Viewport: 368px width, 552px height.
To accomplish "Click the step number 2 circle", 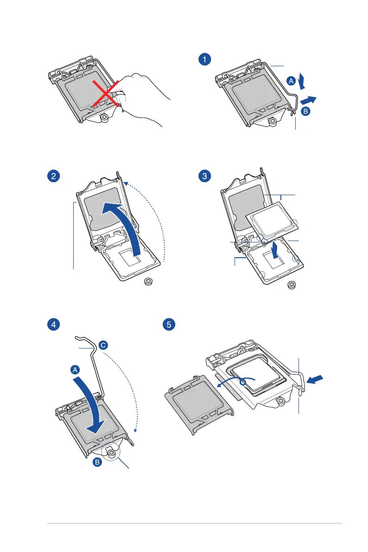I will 55,176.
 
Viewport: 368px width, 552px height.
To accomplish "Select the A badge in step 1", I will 291,81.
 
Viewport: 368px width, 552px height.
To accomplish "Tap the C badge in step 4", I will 103,345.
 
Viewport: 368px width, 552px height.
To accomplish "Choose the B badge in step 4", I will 97,462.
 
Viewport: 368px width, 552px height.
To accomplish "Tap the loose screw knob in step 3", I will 292,285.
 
